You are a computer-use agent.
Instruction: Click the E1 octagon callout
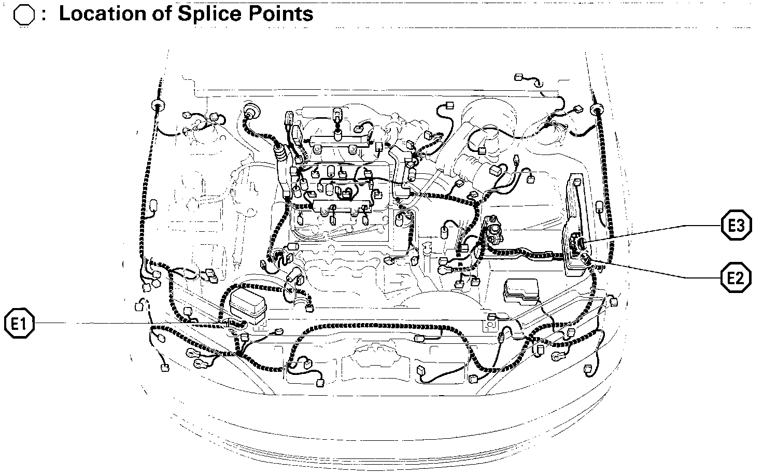pyautogui.click(x=19, y=324)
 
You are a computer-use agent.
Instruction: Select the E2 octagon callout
pyautogui.click(x=736, y=277)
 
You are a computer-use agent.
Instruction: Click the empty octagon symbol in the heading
pyautogui.click(x=24, y=16)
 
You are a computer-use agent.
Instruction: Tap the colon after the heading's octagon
pyautogui.click(x=44, y=16)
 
